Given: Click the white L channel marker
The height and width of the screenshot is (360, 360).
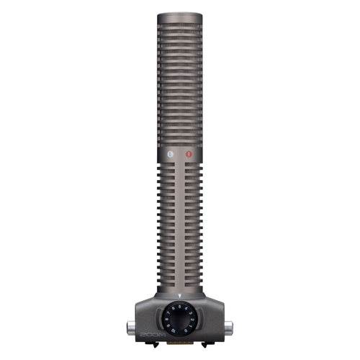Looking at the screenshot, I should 169,153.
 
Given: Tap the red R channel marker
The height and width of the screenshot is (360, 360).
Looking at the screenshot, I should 189,153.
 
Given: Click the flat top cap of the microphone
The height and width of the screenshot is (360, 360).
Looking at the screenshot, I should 179,15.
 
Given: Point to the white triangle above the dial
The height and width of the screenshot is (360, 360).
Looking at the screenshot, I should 179,297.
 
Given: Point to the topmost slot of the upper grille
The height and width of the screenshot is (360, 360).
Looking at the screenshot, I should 179,28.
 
